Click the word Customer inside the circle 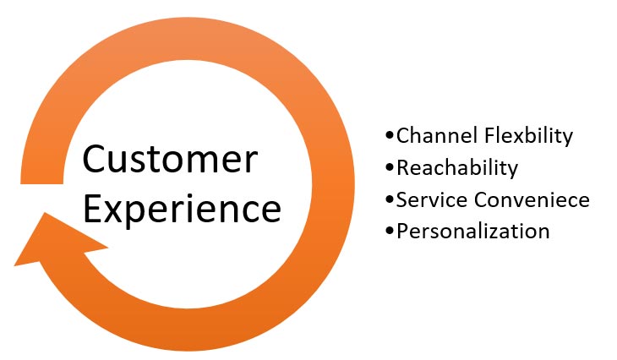(170, 159)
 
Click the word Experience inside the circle (183, 210)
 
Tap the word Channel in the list (437, 135)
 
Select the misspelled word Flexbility (529, 136)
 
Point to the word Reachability (457, 168)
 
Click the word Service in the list (431, 199)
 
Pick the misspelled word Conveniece (532, 199)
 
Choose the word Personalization (473, 231)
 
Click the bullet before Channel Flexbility (390, 136)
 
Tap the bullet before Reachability (390, 168)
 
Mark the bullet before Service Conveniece (390, 199)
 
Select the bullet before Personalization (390, 231)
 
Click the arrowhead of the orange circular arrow (55, 241)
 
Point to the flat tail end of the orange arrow (41, 183)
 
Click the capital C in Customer (93, 159)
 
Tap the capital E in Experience (91, 208)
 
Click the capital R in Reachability (403, 168)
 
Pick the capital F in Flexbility (489, 136)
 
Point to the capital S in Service (401, 199)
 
